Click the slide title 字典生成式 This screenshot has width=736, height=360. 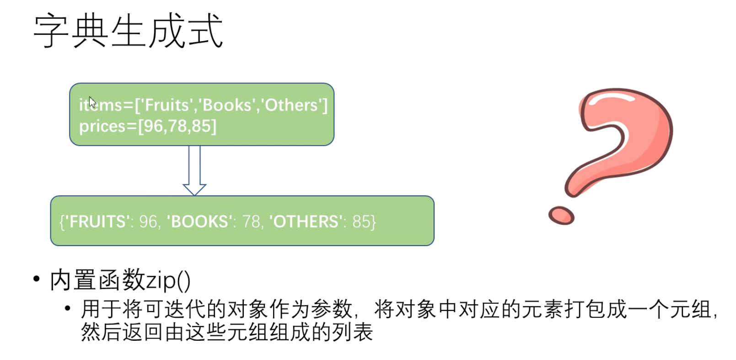point(128,31)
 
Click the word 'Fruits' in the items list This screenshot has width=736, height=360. point(167,105)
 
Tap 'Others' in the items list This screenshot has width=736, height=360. point(291,105)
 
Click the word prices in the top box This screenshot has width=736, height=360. point(102,126)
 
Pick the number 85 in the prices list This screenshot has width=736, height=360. point(202,126)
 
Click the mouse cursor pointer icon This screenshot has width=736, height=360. point(92,102)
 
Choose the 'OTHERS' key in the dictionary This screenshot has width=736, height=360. point(306,222)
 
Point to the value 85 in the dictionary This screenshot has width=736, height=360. point(361,222)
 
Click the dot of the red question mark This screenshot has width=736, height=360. point(561,215)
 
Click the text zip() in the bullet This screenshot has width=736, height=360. point(168,280)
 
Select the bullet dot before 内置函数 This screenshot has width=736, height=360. point(37,278)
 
